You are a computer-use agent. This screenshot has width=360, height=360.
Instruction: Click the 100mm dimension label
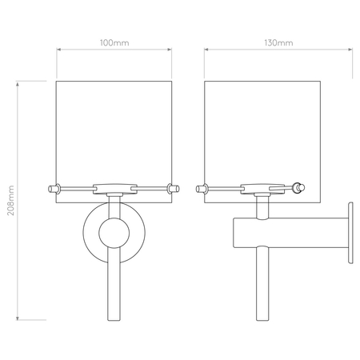tap(114, 43)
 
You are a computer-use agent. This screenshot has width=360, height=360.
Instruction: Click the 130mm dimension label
tap(278, 43)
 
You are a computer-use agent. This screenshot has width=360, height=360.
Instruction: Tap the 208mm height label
tap(10, 201)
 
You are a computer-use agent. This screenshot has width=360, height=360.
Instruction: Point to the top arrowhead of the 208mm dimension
tap(18, 84)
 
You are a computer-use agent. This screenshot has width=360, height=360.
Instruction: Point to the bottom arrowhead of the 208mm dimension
tap(18, 318)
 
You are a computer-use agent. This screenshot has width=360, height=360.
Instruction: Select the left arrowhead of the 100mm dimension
tap(59, 50)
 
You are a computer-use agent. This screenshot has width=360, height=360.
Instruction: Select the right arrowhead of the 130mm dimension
tap(350, 50)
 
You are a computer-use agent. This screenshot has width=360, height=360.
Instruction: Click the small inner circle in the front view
tap(114, 233)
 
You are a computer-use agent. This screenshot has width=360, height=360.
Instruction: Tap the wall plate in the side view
tap(350, 233)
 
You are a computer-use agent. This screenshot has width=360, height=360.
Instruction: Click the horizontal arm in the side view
tap(291, 233)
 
